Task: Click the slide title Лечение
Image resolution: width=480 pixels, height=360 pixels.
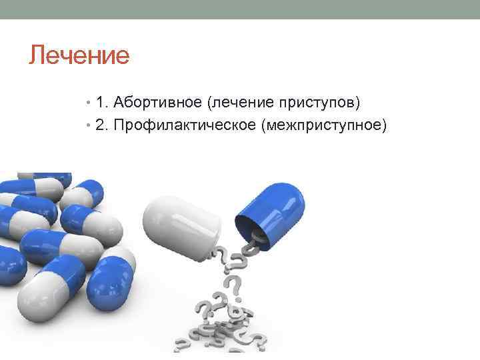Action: pyautogui.click(x=79, y=55)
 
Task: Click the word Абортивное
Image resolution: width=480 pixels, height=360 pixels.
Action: pyautogui.click(x=157, y=103)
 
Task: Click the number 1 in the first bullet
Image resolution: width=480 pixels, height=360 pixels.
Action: pyautogui.click(x=99, y=103)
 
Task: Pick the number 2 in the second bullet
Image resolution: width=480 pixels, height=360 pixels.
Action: pyautogui.click(x=99, y=125)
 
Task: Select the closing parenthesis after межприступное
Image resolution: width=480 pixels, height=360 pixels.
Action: pyautogui.click(x=383, y=126)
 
